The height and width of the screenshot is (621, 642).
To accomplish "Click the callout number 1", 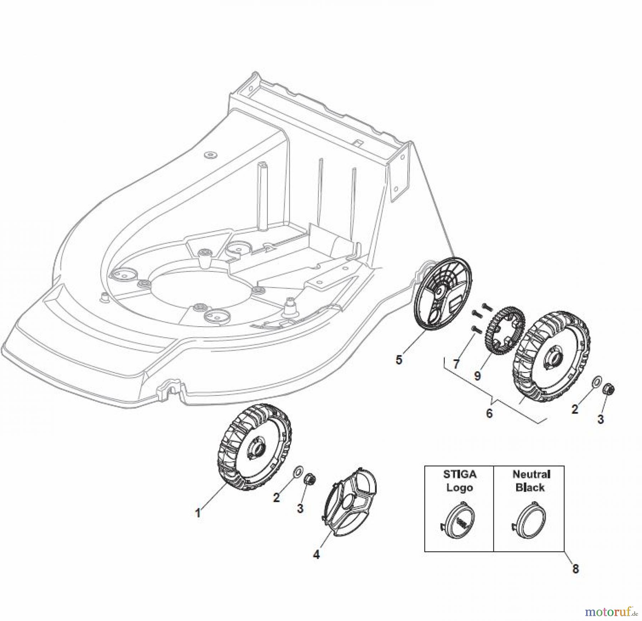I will (x=198, y=513).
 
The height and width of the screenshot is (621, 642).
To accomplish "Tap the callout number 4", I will (x=316, y=564).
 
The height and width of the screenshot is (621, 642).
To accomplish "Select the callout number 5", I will (x=399, y=360).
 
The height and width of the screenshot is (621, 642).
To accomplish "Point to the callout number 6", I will (x=489, y=413).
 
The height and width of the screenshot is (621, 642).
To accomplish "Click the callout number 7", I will (x=456, y=364).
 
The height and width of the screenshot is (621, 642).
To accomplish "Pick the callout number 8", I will (x=575, y=578).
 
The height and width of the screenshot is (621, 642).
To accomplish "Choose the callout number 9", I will (x=478, y=375).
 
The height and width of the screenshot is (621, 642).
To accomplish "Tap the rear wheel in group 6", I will (x=551, y=356).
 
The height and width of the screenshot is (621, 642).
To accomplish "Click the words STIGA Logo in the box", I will (x=459, y=481).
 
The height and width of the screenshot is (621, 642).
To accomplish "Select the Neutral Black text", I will (x=530, y=481).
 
